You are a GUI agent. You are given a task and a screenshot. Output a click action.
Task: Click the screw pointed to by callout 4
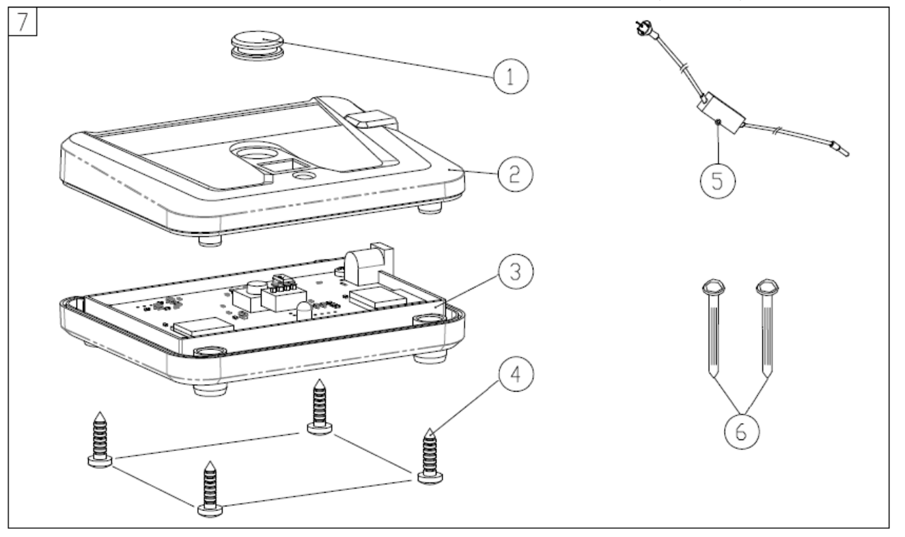pos(429,457)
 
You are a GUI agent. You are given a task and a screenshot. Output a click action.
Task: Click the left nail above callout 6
pos(711,328)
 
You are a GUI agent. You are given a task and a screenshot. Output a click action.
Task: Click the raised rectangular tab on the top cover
pos(372,121)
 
